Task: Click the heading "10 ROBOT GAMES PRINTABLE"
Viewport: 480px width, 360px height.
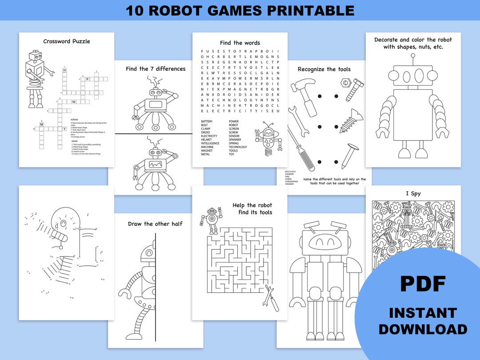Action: pyautogui.click(x=240, y=10)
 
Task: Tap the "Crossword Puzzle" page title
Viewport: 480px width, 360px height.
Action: pyautogui.click(x=67, y=41)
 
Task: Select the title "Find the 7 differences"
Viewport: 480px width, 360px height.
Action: pyautogui.click(x=156, y=69)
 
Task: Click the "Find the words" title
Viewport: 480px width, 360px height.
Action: pyautogui.click(x=240, y=43)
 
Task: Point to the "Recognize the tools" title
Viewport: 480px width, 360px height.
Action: pyautogui.click(x=324, y=69)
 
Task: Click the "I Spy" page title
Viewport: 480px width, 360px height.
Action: pyautogui.click(x=413, y=193)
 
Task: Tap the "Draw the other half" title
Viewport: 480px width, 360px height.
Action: pyautogui.click(x=155, y=224)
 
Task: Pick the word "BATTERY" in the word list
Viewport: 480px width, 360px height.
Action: pyautogui.click(x=207, y=121)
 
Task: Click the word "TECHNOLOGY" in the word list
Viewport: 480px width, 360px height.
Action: pyautogui.click(x=238, y=147)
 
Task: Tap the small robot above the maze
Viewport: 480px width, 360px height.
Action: pyautogui.click(x=211, y=220)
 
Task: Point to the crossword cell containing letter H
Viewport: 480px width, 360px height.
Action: pyautogui.click(x=64, y=70)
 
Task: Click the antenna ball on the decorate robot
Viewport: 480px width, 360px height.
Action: pyautogui.click(x=413, y=56)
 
